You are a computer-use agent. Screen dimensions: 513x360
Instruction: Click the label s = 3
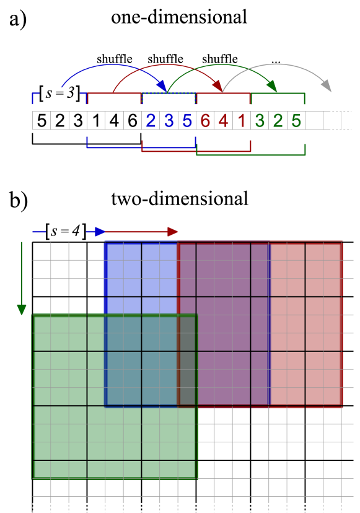[60, 92]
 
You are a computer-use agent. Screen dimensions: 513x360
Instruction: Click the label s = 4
[66, 231]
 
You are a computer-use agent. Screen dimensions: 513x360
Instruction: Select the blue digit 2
[151, 121]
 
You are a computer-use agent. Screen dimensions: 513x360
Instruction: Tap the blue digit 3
[169, 121]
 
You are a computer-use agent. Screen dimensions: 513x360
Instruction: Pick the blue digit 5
[187, 121]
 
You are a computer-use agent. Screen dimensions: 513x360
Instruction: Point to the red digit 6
[205, 121]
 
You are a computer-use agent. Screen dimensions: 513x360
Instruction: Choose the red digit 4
[223, 121]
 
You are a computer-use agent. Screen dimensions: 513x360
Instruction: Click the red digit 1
[242, 121]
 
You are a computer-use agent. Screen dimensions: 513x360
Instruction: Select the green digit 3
[260, 121]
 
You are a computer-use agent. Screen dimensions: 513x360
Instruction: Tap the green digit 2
[278, 121]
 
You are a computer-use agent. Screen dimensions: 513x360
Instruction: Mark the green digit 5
[296, 121]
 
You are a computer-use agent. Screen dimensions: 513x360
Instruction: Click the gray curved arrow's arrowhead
[326, 87]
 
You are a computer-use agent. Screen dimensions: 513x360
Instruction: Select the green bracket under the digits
[251, 154]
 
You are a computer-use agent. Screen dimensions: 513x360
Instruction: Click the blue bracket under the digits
[141, 147]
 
